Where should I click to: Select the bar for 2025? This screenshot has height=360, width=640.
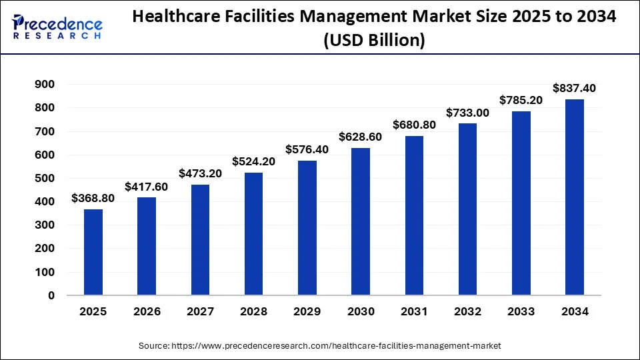(x=93, y=252)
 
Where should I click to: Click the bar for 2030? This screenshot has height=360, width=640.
(x=361, y=221)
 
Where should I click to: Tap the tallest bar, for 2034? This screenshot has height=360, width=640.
(x=575, y=197)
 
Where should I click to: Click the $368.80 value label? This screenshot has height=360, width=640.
(x=93, y=199)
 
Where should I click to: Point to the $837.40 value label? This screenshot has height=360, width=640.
(x=575, y=88)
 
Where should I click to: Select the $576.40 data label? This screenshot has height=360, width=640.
(x=307, y=149)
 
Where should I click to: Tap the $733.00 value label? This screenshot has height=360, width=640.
(x=467, y=113)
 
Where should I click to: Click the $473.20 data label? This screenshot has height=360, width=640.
(x=200, y=173)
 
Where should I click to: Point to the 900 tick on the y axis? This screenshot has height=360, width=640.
(x=45, y=84)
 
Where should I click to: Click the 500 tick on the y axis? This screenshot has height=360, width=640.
(x=45, y=178)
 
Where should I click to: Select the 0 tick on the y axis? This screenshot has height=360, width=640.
(x=51, y=295)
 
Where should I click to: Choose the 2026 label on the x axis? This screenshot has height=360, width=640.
(x=147, y=311)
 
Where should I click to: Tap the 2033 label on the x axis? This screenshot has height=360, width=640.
(x=521, y=311)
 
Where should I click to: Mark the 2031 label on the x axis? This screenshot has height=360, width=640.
(x=414, y=311)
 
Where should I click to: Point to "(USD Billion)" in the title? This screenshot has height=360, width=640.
(x=374, y=41)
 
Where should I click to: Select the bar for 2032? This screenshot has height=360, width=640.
(x=467, y=209)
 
